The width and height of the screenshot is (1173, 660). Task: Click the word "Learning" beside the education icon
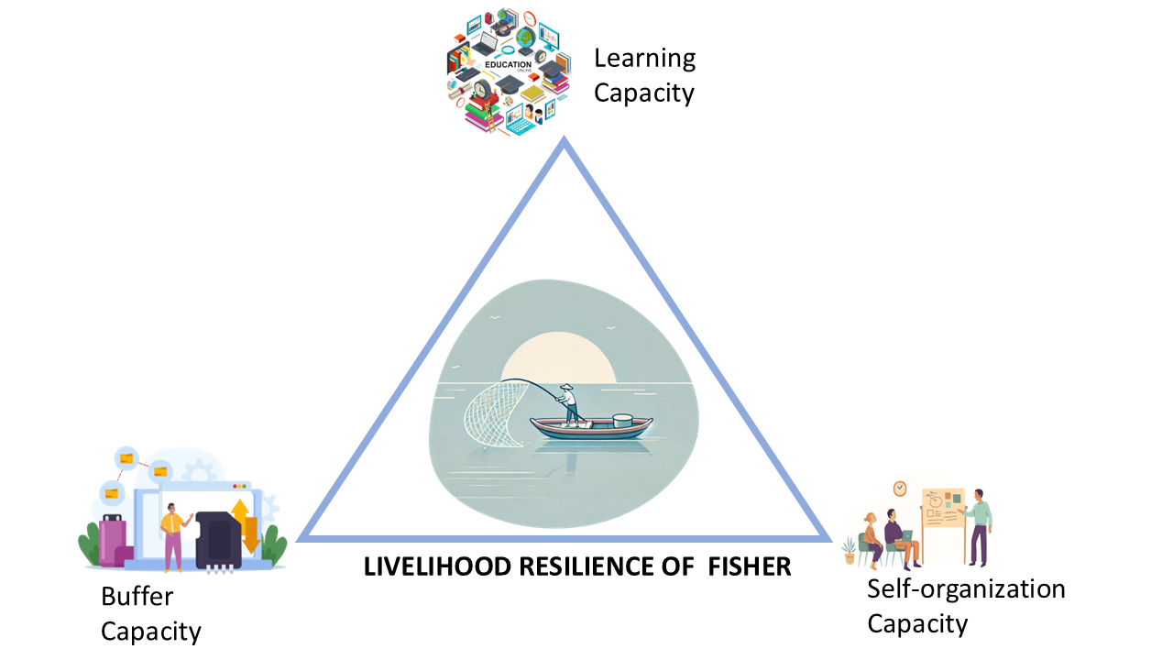644,59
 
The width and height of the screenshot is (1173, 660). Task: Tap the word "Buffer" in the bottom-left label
137,597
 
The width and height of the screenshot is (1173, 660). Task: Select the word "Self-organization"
966,588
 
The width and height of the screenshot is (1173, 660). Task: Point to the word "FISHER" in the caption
750,566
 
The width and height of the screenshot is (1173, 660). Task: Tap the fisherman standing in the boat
570,403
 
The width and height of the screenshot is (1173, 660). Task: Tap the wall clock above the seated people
900,489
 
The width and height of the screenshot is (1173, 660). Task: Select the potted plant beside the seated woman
850,548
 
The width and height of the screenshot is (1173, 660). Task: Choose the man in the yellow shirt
171,536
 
